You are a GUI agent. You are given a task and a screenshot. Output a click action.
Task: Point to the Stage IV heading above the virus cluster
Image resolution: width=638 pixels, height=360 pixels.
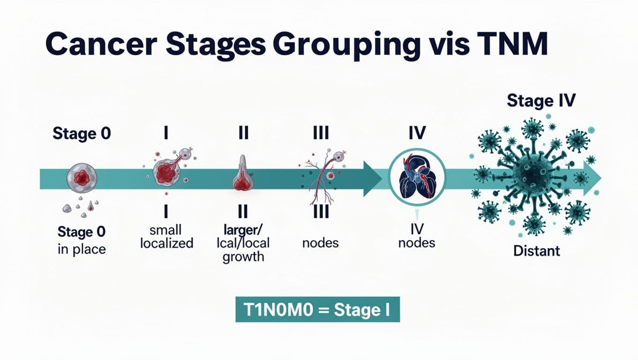click(541, 101)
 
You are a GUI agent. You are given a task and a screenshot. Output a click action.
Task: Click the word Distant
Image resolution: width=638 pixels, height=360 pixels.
click(537, 251)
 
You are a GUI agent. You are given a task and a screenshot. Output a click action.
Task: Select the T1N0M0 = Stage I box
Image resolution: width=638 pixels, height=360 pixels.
click(318, 309)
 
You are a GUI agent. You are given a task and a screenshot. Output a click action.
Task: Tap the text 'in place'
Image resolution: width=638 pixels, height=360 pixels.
click(82, 248)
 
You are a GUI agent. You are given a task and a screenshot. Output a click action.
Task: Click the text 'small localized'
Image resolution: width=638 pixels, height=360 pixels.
click(167, 237)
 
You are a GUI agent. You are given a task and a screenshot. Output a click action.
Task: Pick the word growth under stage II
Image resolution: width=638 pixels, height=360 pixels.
click(243, 257)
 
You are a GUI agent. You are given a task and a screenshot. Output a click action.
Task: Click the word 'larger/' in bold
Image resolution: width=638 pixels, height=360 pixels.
click(243, 231)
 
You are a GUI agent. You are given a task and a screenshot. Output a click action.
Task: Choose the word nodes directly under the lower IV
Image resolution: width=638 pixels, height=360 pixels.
click(416, 243)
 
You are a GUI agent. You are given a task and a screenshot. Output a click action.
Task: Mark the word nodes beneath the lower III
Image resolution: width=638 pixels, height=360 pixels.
click(320, 243)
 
